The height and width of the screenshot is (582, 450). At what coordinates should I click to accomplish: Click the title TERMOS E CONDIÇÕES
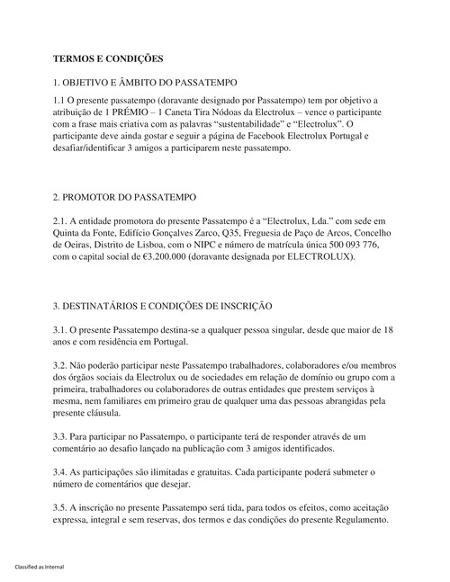pos(108,59)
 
